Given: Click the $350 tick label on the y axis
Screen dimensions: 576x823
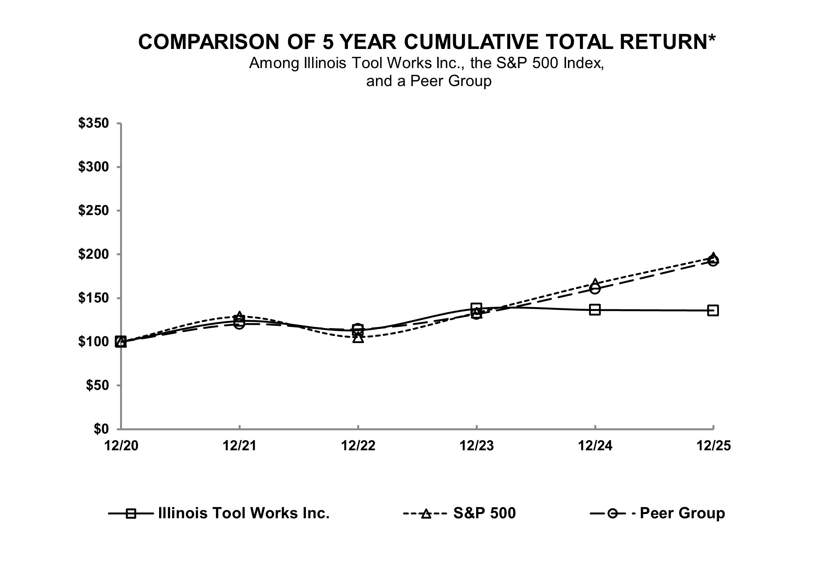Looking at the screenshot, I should (94, 124).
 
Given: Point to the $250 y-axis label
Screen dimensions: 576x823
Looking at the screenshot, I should (94, 211).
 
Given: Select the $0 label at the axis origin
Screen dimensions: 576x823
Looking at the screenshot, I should (101, 429).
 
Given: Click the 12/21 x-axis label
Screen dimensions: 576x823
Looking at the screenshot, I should (239, 446).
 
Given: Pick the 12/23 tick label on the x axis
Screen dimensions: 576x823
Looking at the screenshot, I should (476, 446).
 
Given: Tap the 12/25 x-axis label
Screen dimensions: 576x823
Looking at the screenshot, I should (713, 446).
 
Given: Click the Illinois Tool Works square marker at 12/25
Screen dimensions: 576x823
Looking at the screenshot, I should (713, 310).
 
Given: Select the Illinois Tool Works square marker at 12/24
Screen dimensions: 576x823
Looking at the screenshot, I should (595, 310).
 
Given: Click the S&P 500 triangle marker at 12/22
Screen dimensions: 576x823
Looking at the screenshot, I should (358, 338).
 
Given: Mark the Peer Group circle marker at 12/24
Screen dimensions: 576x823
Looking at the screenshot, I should (595, 289).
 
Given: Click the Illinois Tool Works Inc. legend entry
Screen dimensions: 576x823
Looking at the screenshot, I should (244, 513).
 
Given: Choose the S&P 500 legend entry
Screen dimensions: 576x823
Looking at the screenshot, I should (484, 513).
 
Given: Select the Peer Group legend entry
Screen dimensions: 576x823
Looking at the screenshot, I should (682, 513).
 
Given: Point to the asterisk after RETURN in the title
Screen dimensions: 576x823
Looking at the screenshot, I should (712, 39).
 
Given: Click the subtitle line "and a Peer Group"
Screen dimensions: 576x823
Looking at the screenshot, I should (429, 81).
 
